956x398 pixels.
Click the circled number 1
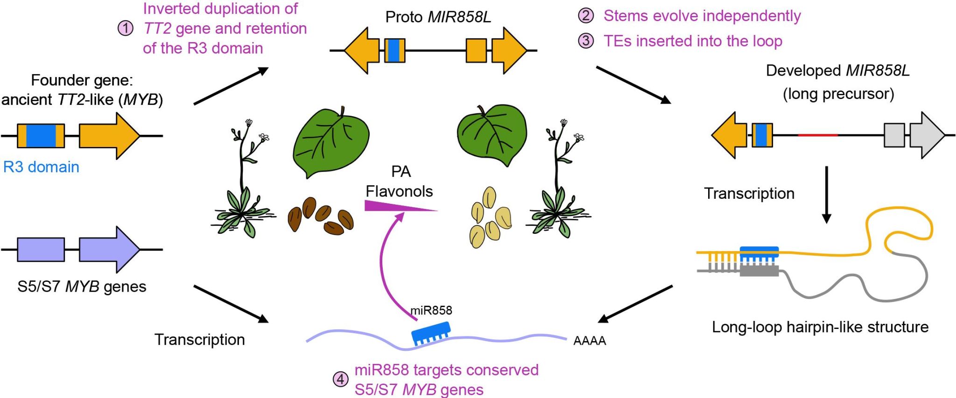coord(125,28)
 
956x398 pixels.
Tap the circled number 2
coord(586,16)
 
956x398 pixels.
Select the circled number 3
coord(586,41)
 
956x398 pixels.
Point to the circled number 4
coord(340,379)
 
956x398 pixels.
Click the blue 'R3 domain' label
coord(41,167)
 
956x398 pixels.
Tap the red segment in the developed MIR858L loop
coord(817,135)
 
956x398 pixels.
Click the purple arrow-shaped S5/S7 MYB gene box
coord(109,250)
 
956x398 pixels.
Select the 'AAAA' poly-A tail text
coord(590,341)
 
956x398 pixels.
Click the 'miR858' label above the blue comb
coord(431,311)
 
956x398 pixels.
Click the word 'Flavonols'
coord(399,191)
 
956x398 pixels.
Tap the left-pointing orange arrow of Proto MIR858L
coord(362,50)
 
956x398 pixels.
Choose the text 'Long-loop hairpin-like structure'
coord(820,327)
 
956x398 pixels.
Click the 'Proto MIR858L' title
coord(438,17)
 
